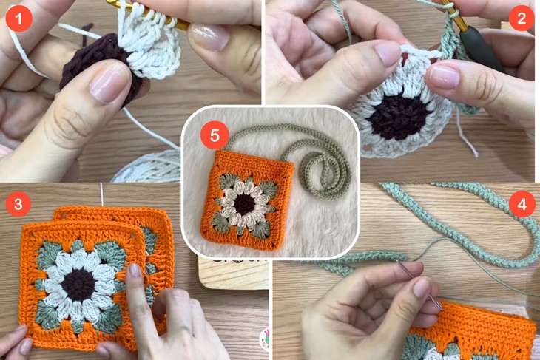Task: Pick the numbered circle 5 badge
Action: pos(215,135)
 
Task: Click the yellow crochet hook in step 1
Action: pos(148,16)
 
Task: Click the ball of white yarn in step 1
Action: pos(152,166)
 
